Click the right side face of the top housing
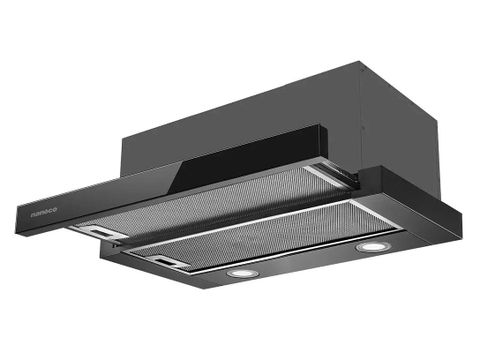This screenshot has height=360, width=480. [x=385, y=130]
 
